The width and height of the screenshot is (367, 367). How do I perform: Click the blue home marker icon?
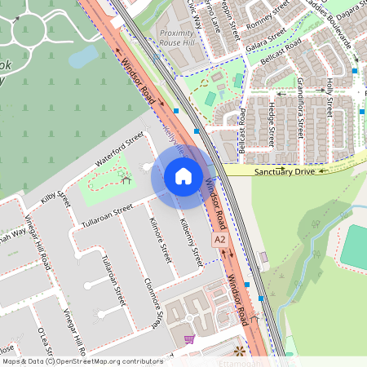pyautogui.click(x=183, y=177)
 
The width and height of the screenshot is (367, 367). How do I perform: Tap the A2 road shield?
pyautogui.click(x=219, y=240)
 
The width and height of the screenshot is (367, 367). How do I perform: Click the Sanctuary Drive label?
pyautogui.click(x=284, y=172)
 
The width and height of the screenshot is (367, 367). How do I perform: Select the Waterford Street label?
pyautogui.click(x=119, y=149)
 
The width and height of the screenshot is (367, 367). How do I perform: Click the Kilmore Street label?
pyautogui.click(x=157, y=237)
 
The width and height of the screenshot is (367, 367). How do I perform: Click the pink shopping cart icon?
pyautogui.click(x=190, y=339)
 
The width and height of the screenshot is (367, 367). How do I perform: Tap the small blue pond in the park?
pyautogui.click(x=85, y=57)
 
